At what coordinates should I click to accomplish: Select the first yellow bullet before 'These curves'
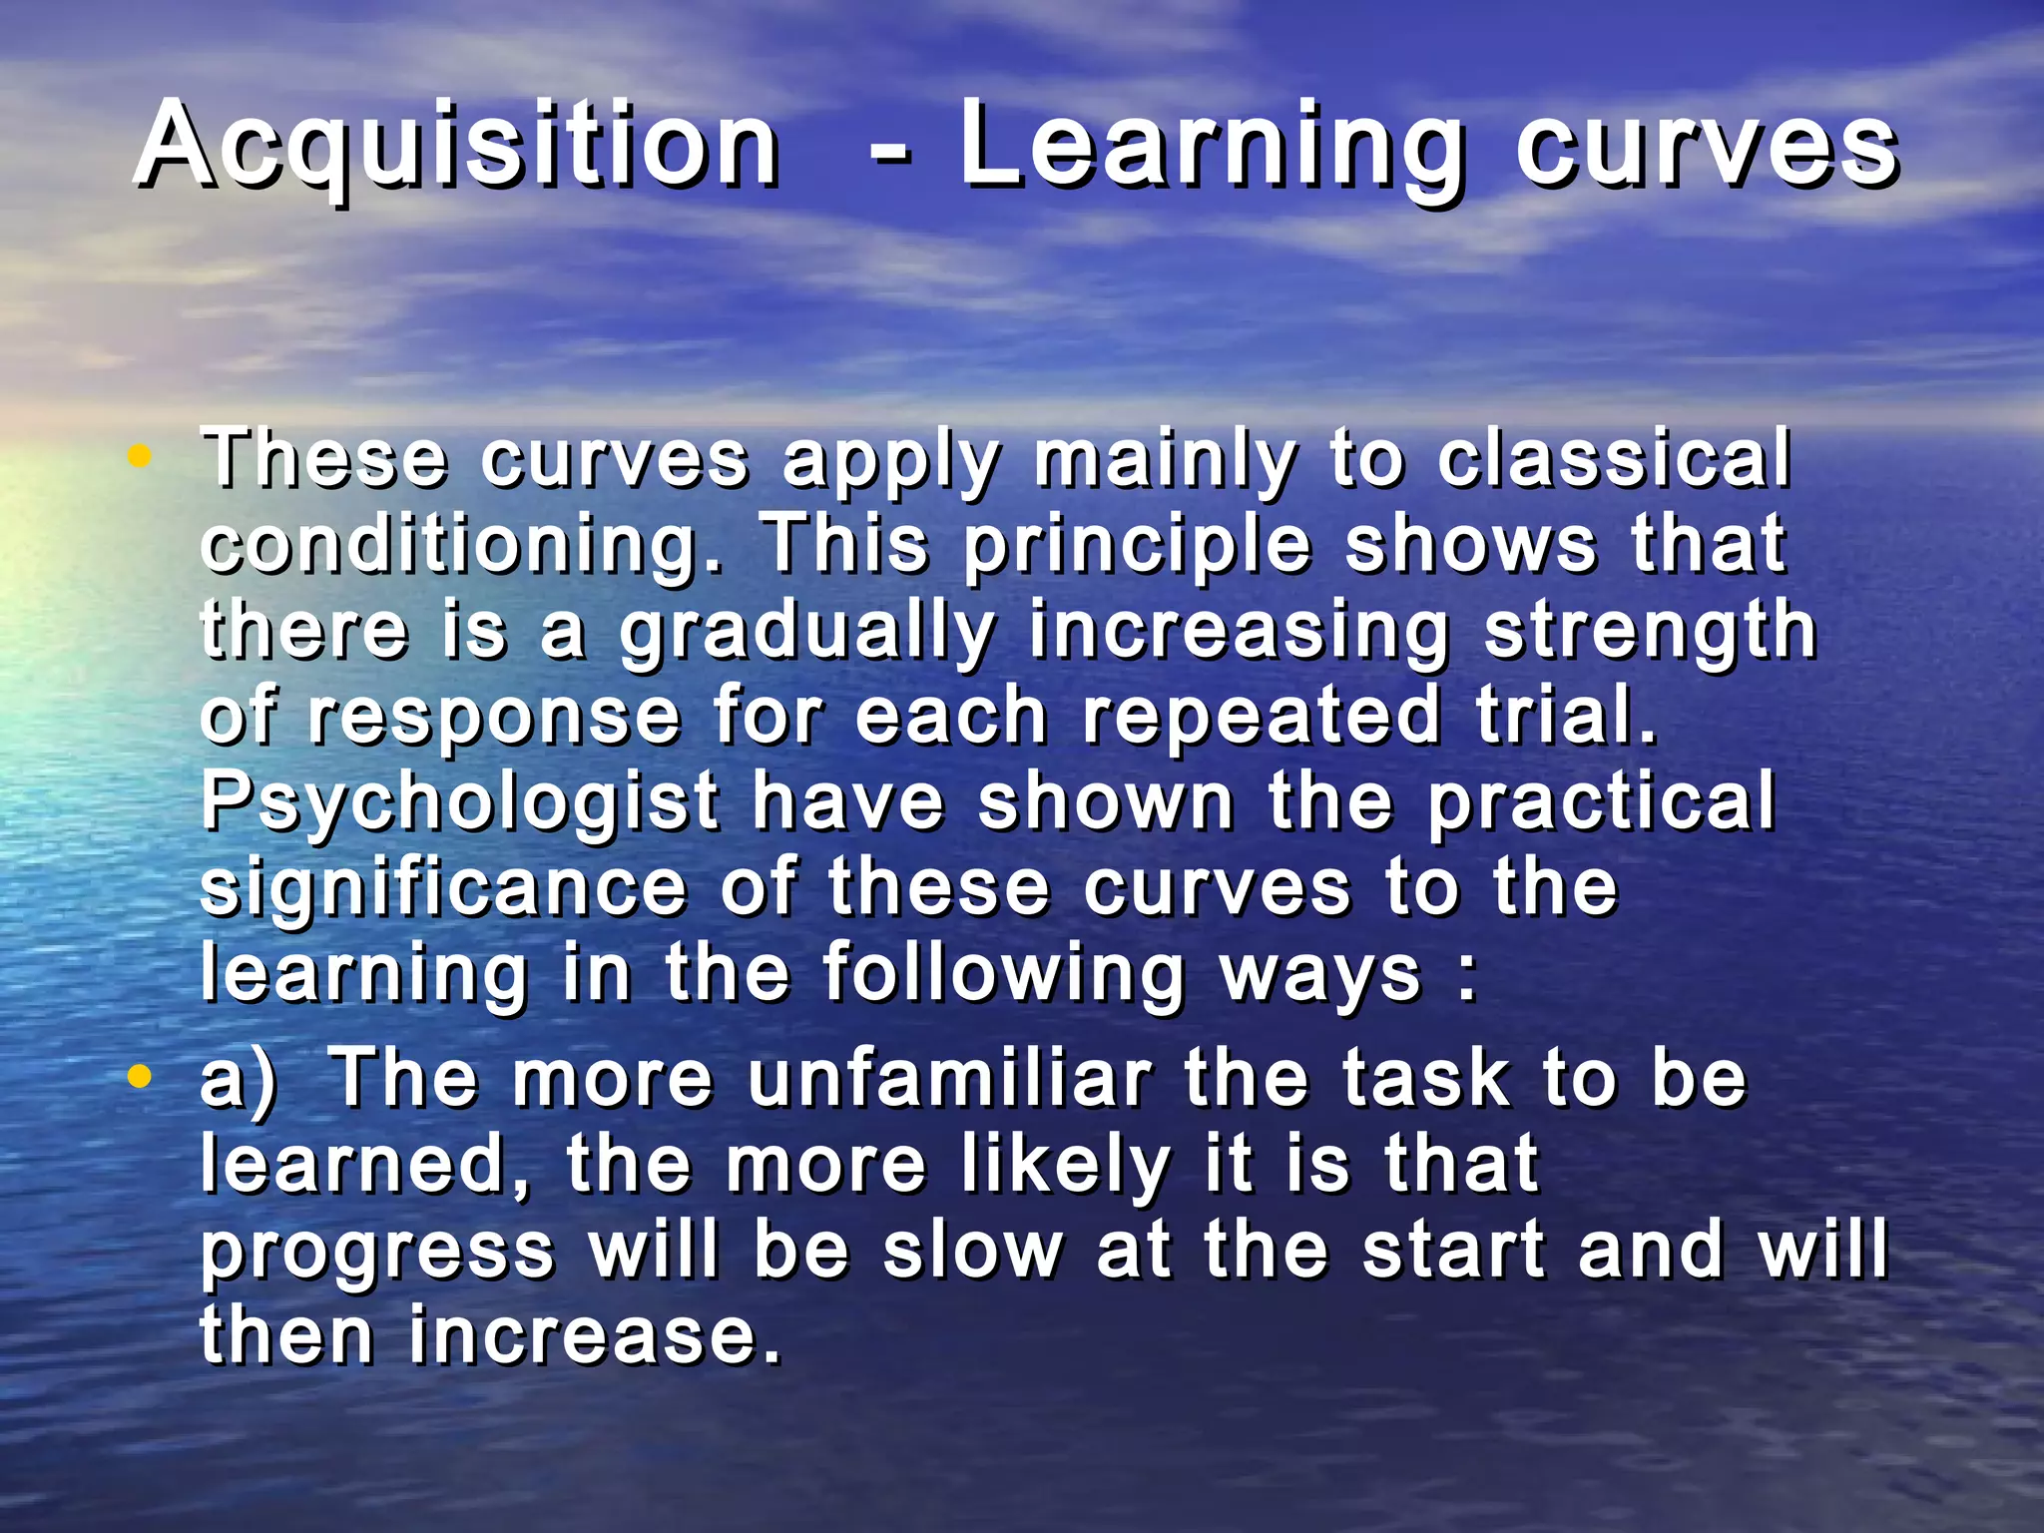click(140, 457)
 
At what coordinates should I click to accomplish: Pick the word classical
click(1614, 460)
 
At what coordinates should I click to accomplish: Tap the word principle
click(1138, 547)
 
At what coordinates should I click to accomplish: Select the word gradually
click(806, 634)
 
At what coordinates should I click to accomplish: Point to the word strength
click(1650, 634)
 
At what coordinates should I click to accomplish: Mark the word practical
click(1601, 804)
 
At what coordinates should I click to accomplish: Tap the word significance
click(444, 890)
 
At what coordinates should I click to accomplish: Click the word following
click(1003, 976)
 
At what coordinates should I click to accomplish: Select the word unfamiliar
click(949, 1079)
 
